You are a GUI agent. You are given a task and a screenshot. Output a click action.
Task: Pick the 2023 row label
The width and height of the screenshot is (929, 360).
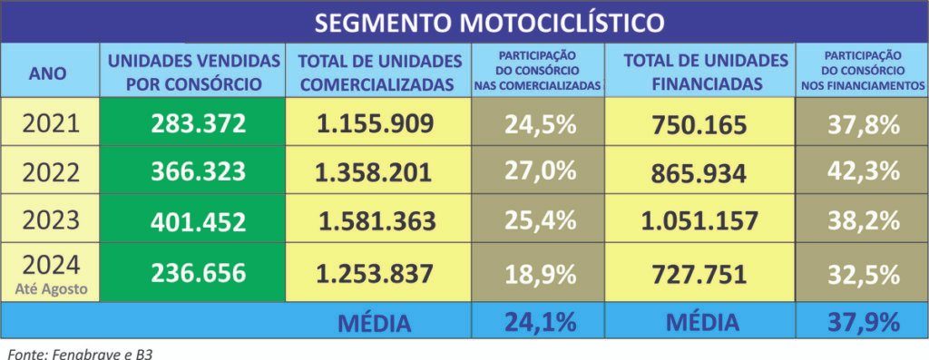[x=50, y=219]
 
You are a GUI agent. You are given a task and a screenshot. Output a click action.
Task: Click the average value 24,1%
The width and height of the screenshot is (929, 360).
[x=541, y=321]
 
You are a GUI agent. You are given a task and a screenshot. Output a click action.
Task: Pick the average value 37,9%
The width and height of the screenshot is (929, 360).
[x=863, y=321]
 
